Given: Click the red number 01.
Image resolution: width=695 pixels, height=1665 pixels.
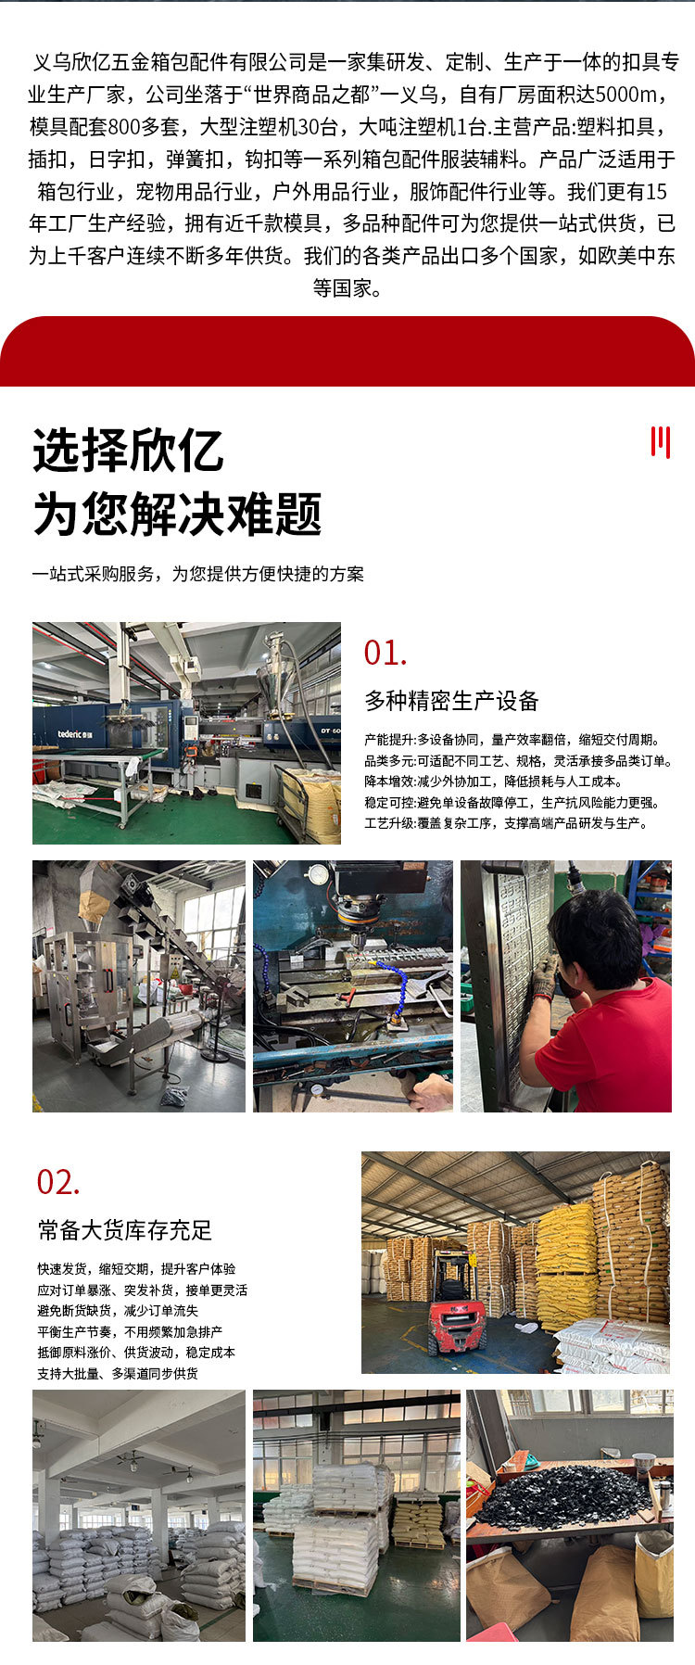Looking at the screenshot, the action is click(x=385, y=653).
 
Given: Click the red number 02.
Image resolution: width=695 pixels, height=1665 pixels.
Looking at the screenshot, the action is click(x=58, y=1182).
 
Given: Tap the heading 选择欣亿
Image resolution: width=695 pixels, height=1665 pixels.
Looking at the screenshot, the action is click(x=128, y=451).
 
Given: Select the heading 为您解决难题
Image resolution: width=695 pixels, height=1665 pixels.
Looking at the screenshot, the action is click(x=177, y=514).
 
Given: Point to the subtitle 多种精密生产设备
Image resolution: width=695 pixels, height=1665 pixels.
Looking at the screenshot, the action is click(x=451, y=701).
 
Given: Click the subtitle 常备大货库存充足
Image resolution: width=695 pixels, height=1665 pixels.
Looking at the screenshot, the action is click(x=125, y=1230).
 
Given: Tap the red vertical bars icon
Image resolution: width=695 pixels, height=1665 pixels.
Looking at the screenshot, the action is click(x=660, y=442).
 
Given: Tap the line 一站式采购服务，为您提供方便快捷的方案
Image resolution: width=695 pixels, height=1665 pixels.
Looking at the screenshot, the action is click(x=198, y=574).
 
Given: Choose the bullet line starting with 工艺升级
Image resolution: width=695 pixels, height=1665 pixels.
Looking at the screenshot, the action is click(x=507, y=823).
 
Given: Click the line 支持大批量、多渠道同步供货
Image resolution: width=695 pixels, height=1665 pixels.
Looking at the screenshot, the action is click(x=118, y=1374).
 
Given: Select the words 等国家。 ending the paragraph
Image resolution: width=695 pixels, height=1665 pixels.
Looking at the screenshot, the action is click(x=347, y=288).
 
